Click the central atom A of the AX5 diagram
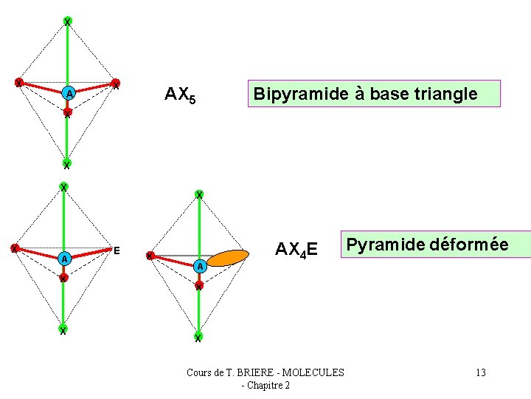68,94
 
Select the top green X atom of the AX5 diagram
67,21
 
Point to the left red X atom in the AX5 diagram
19,82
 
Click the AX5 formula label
180,95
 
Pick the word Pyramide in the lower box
383,245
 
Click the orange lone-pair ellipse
228,257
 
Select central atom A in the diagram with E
64,259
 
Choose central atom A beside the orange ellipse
199,266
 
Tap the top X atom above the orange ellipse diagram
198,195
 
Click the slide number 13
481,372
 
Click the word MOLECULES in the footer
313,372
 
